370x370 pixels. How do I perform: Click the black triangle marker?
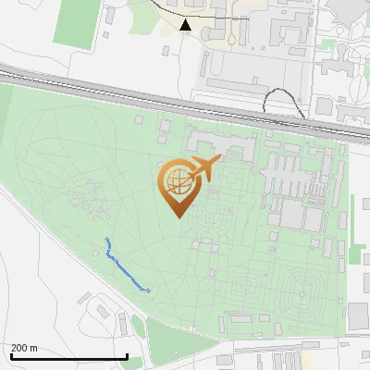(186, 25)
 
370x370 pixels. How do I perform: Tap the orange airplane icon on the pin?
(206, 168)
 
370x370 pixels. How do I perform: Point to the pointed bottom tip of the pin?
(178, 217)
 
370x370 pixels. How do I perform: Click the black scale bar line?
(68, 357)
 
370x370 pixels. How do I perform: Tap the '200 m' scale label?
(24, 348)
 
